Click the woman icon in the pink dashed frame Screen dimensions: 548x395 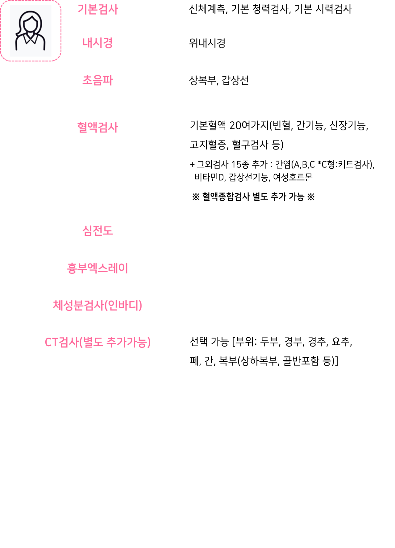[x=30, y=31]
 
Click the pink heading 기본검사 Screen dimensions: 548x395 [x=98, y=9]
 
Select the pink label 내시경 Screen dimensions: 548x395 [x=98, y=43]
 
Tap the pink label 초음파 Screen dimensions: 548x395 [x=98, y=80]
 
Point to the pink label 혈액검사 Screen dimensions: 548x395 [x=98, y=127]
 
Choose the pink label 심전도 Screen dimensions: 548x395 [x=98, y=230]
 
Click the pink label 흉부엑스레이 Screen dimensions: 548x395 [x=98, y=268]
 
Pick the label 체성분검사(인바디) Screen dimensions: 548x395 [x=98, y=305]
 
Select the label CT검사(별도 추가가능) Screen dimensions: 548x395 [x=98, y=342]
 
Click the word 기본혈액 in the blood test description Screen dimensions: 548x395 [x=208, y=125]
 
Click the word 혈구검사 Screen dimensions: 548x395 [x=250, y=145]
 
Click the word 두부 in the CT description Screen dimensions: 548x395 [x=270, y=342]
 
